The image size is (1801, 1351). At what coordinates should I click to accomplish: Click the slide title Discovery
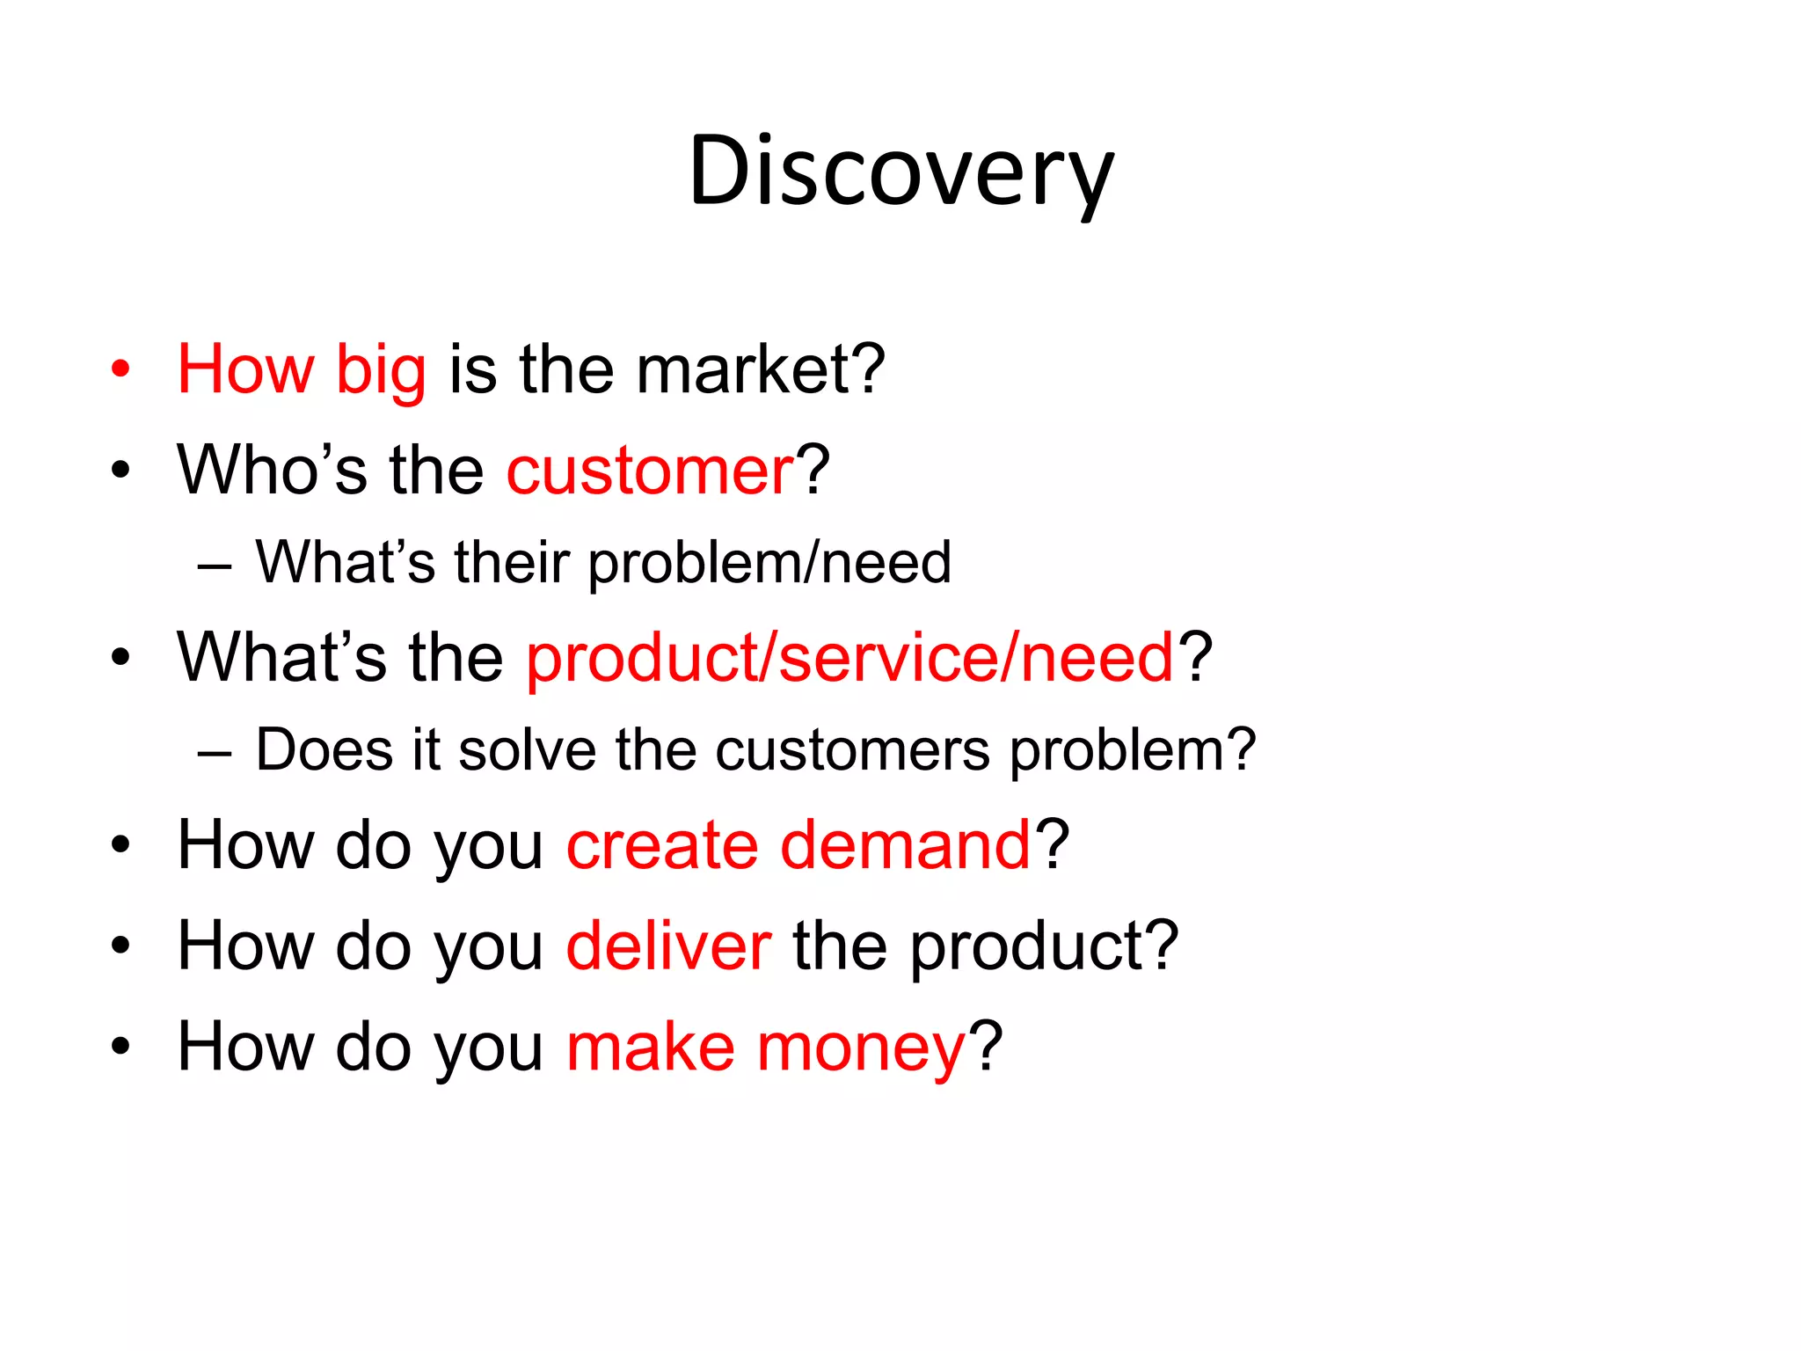(x=900, y=172)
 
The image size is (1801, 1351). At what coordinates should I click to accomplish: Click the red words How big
(x=302, y=369)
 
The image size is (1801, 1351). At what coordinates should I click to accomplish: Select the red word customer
(x=650, y=471)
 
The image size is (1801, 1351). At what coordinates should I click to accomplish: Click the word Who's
(x=272, y=470)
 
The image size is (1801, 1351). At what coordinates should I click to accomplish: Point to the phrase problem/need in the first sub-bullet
(x=769, y=563)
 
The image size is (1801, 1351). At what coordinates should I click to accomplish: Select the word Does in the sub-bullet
(x=324, y=750)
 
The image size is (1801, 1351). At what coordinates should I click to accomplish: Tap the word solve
(x=527, y=750)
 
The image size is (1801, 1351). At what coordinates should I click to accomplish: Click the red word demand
(x=905, y=846)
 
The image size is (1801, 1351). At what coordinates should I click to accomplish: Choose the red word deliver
(x=668, y=946)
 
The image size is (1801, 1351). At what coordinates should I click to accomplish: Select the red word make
(x=650, y=1048)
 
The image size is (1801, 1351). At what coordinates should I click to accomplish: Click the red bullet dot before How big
(x=120, y=369)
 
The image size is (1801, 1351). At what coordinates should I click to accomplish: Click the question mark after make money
(x=986, y=1047)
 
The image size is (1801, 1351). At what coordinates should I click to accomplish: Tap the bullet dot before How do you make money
(x=120, y=1047)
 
